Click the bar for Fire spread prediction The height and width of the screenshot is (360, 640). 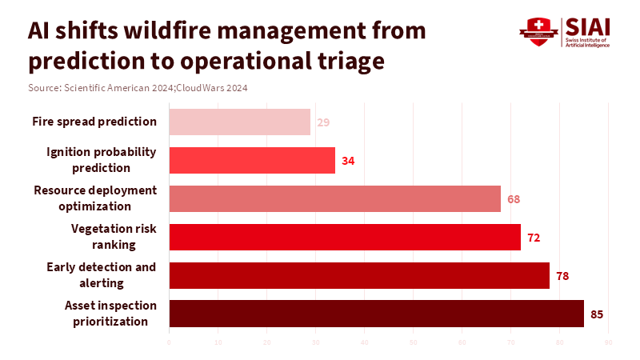240,122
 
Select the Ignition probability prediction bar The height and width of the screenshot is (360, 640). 252,160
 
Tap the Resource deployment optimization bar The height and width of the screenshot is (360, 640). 334,198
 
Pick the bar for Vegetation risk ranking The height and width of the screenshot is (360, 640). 345,237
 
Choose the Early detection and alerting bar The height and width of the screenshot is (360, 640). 359,275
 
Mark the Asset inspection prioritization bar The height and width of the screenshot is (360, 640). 376,314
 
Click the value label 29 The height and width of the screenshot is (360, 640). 323,122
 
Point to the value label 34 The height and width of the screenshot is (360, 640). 348,161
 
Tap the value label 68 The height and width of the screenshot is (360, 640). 514,199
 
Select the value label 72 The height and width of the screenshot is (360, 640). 534,238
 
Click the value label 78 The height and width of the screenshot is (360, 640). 562,276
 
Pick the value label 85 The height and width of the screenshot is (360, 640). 597,314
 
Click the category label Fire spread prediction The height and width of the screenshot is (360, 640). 94,122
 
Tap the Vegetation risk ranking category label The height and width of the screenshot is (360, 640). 114,237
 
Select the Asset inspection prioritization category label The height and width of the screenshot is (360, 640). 110,314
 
